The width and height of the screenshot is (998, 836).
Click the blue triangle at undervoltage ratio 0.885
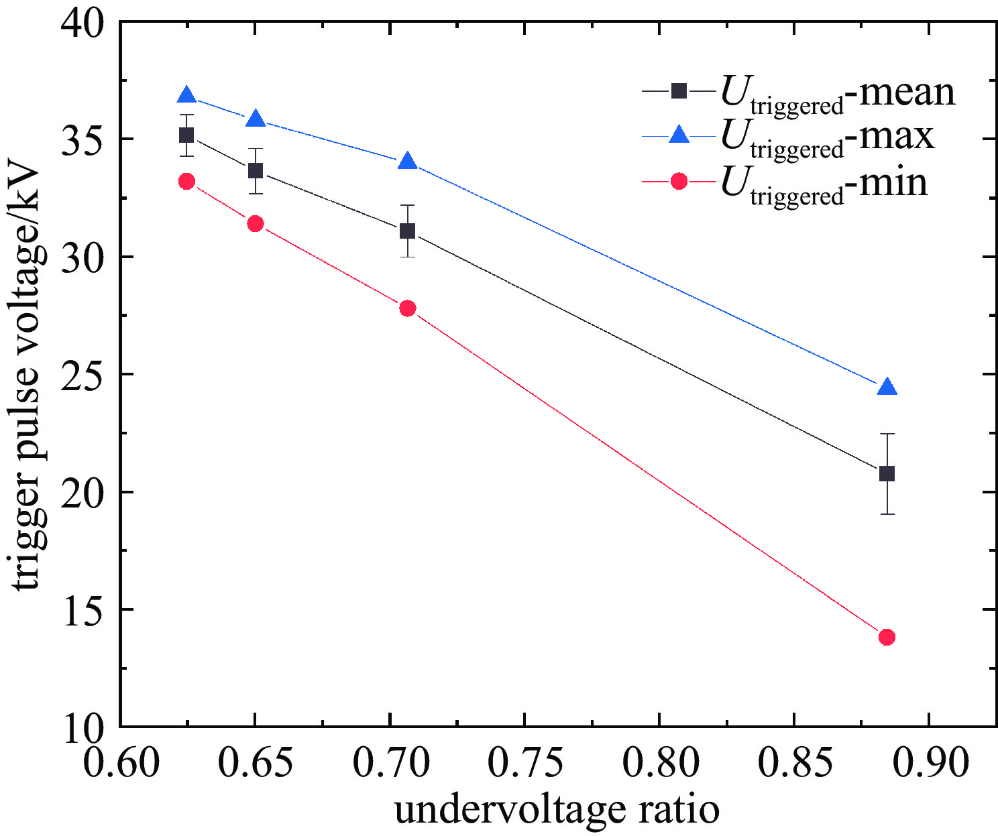887,387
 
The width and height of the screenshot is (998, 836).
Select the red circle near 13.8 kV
887,637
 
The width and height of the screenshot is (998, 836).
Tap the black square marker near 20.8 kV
887,474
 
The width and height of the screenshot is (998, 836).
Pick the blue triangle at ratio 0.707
407,162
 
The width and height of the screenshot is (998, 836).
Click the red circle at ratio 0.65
255,223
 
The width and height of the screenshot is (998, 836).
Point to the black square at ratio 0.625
186,135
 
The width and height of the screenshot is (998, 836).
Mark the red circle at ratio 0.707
407,308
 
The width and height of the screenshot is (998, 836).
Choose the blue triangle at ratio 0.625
186,96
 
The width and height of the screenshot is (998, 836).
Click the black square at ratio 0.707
407,231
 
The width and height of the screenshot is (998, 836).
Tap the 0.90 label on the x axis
928,762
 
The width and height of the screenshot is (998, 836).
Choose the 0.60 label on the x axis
121,762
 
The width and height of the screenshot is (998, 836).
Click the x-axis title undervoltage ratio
557,810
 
